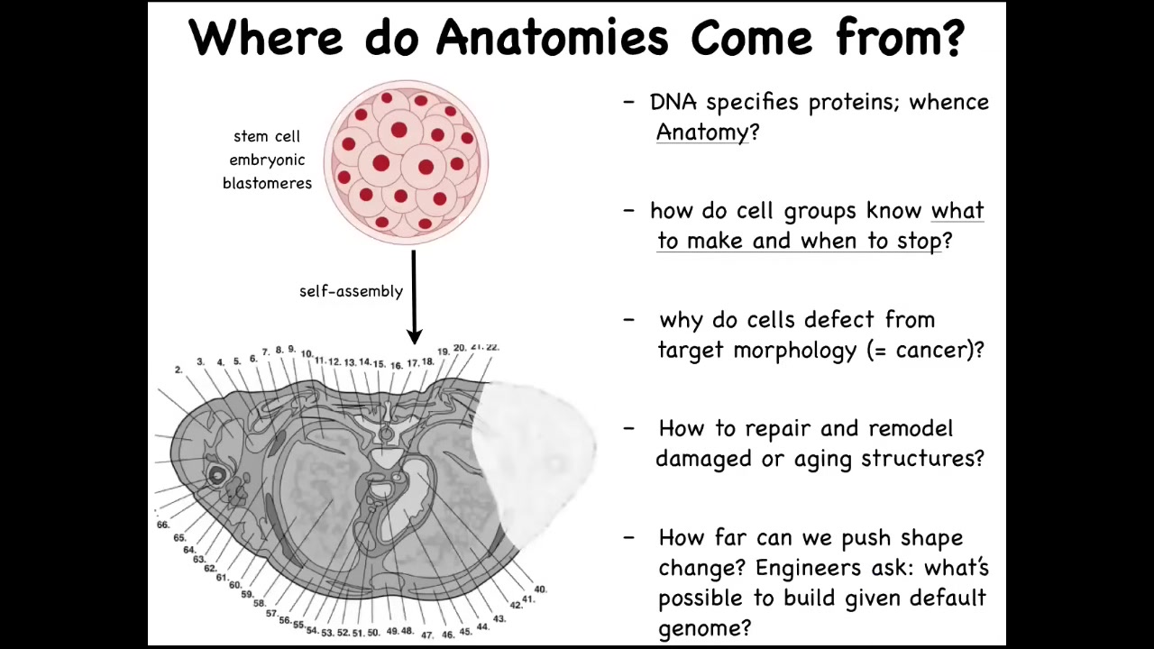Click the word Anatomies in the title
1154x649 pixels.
553,37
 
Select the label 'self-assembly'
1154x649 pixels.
351,291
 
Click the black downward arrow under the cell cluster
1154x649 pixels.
414,297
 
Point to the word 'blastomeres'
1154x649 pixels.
267,183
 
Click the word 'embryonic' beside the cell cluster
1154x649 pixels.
267,160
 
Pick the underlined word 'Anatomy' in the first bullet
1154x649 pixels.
701,133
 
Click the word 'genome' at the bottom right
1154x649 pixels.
699,629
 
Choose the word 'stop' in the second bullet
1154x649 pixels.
920,241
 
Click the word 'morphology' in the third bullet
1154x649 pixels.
794,351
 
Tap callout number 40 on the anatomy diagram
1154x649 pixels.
540,590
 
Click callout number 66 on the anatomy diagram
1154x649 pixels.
163,525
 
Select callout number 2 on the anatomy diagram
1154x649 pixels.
179,370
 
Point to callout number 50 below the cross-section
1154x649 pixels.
373,633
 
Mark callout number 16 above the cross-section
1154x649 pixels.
396,366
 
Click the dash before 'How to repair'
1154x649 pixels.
628,428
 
